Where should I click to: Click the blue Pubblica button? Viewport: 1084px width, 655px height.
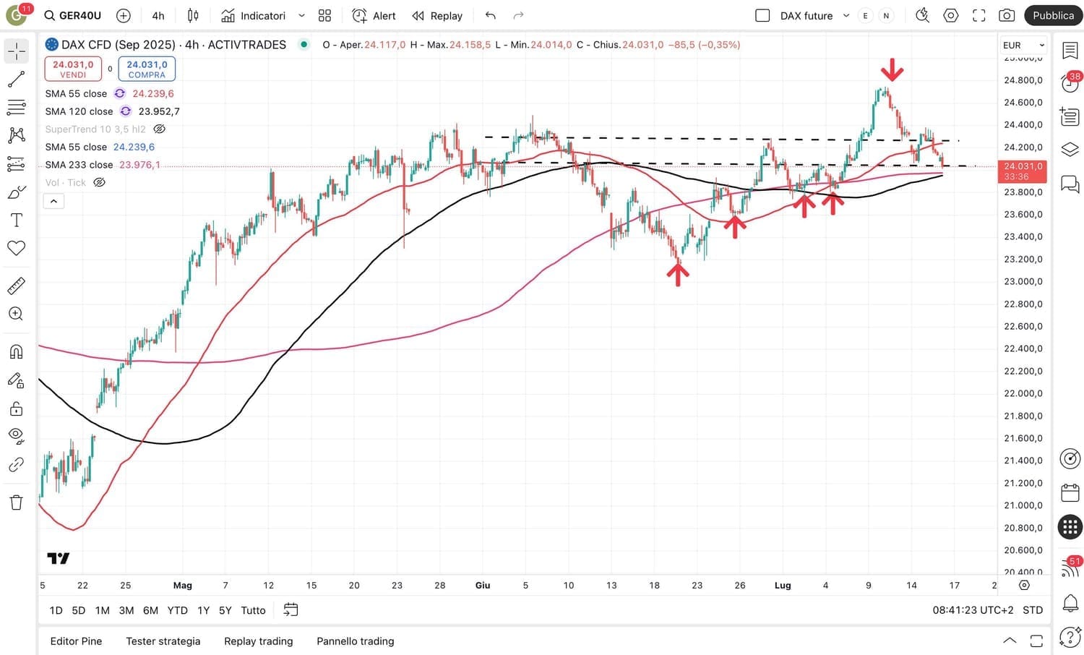[1053, 15]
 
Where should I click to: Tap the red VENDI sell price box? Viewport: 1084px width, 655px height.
[73, 69]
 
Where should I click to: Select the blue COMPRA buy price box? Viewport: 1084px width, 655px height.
[147, 69]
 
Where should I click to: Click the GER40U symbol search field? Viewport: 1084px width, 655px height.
[72, 15]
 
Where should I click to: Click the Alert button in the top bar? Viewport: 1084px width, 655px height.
[374, 15]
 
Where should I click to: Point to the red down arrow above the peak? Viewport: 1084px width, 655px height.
[892, 70]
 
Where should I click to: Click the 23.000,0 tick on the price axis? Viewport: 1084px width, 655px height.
[1023, 281]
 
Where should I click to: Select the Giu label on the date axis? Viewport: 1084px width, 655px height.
[483, 586]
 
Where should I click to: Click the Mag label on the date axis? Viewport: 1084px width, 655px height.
[183, 586]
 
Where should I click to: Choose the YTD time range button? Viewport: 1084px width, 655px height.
[177, 610]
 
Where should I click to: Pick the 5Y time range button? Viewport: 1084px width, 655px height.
[225, 610]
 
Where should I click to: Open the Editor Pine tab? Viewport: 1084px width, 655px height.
[76, 641]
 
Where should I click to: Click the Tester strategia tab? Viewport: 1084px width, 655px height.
[163, 641]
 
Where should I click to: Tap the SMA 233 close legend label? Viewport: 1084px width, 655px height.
[79, 165]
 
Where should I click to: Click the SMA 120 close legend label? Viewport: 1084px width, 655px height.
[79, 111]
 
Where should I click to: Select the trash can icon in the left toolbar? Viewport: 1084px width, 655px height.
[16, 502]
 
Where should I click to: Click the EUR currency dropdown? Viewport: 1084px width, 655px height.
[1023, 45]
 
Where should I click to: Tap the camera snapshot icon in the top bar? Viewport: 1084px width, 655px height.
[1006, 15]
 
